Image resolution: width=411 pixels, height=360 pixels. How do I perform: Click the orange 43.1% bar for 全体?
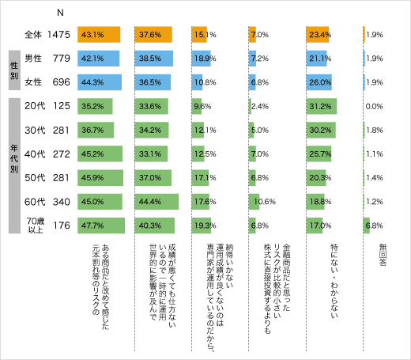(99, 35)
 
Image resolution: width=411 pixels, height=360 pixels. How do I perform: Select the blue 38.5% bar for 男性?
(154, 58)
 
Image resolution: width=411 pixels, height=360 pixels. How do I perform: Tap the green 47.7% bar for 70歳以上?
(101, 225)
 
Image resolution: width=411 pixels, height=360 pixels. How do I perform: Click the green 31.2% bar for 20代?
(322, 106)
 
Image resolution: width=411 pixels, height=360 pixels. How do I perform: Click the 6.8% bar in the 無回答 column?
(367, 225)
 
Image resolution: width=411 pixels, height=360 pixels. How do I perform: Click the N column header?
(60, 13)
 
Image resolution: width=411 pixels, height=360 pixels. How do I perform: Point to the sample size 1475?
(59, 35)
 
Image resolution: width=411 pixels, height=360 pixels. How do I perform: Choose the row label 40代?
(35, 153)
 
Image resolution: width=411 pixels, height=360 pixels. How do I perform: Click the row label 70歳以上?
(35, 225)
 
